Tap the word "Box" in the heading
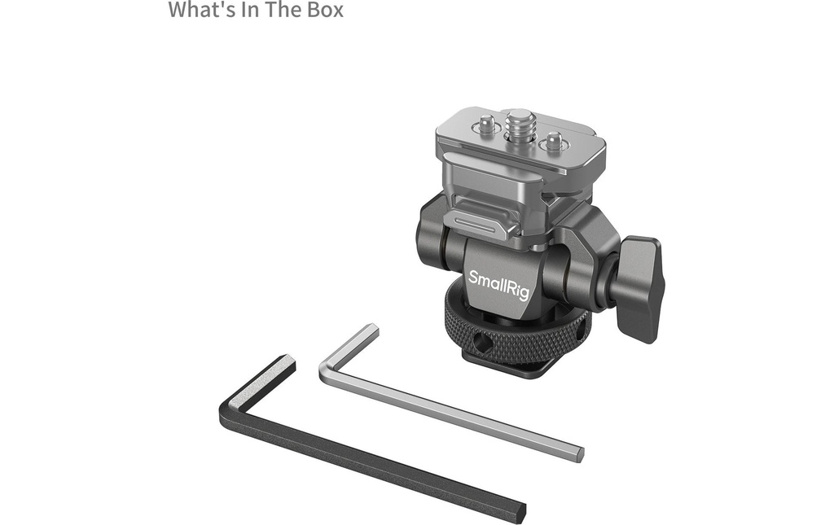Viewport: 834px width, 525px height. (x=325, y=10)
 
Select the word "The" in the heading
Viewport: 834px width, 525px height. (x=283, y=10)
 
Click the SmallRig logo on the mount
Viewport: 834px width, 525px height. (x=498, y=284)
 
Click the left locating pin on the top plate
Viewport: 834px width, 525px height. (x=482, y=126)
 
